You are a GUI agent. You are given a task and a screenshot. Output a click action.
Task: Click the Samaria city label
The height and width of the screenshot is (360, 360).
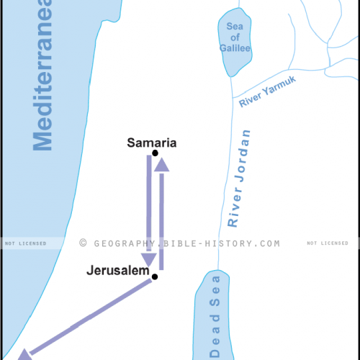pos(151,143)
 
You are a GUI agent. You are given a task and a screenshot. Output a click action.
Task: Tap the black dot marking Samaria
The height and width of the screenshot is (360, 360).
pos(156,153)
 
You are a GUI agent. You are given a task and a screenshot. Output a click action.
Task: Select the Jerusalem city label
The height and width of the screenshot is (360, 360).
pos(117,272)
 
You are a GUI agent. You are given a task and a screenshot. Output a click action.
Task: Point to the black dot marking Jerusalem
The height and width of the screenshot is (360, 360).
pos(154,276)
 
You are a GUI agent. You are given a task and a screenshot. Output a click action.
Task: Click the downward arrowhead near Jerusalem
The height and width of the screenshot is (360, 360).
pos(149,259)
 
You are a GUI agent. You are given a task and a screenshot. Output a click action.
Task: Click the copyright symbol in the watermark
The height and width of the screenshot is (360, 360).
pos(84,243)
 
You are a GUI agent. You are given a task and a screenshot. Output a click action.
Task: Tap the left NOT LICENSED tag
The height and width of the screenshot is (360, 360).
pos(26,243)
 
